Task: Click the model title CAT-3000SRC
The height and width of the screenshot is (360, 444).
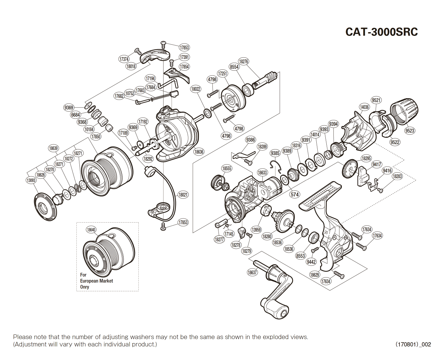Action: (381, 32)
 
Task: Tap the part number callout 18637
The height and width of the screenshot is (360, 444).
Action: (252, 273)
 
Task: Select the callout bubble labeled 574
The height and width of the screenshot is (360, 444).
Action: (295, 194)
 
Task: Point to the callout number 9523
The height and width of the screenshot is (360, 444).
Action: (409, 131)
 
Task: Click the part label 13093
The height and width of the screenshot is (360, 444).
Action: (31, 180)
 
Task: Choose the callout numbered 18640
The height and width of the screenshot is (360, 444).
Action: (91, 230)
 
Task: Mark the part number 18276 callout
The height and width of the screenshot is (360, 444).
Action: (243, 61)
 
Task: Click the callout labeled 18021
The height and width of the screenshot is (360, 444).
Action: (183, 195)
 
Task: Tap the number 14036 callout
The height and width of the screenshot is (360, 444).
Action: (364, 107)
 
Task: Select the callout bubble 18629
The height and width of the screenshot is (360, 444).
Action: (314, 275)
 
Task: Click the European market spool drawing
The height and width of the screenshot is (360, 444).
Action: (109, 251)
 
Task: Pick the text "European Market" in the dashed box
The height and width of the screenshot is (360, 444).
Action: (97, 281)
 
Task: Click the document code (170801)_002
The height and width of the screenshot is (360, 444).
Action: (413, 344)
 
